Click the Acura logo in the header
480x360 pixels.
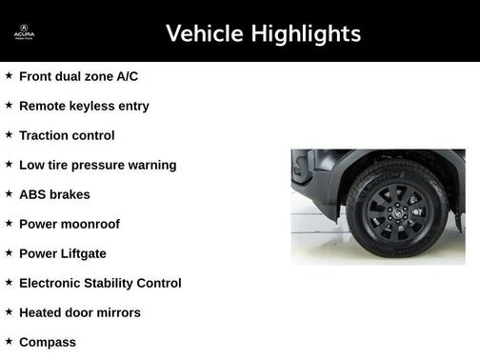coord(24,34)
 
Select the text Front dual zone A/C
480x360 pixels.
coord(78,76)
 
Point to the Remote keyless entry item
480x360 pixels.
coord(84,106)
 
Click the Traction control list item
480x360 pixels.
coord(67,135)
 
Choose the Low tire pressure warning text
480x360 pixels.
coord(97,165)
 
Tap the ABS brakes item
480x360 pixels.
coord(54,194)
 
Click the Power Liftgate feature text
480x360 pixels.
coord(63,253)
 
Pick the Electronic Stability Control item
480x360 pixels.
coord(100,283)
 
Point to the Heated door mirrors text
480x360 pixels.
coord(79,312)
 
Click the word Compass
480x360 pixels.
coord(48,342)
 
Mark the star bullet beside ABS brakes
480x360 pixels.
coord(9,193)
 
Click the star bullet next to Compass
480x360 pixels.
coord(9,341)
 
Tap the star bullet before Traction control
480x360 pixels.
coord(9,134)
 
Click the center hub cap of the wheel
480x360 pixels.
coord(395,207)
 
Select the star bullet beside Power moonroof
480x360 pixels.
coord(9,223)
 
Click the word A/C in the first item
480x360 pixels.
coord(126,76)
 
